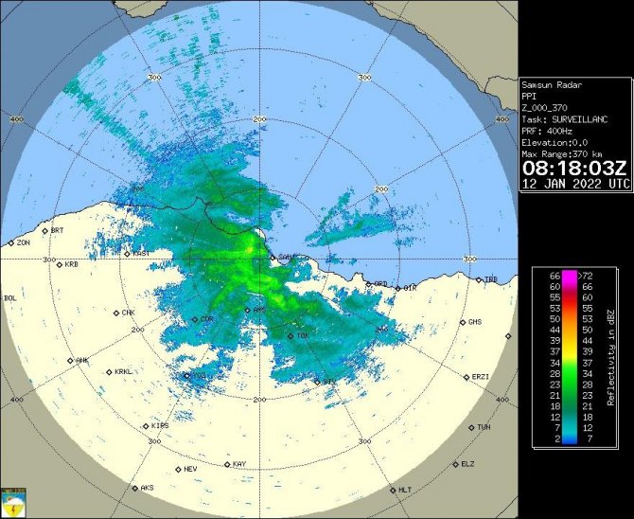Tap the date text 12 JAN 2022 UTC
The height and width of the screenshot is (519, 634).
573,184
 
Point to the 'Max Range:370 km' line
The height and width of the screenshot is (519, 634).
565,153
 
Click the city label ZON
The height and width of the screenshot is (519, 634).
23,243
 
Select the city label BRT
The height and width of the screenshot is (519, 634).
57,230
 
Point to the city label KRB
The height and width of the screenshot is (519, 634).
71,264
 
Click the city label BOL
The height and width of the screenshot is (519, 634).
10,298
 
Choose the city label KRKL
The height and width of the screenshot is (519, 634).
123,372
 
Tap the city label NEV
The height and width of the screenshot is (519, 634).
190,469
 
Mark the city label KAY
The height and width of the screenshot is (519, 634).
239,464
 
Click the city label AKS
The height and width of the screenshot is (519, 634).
147,489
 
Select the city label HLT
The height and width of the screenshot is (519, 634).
405,490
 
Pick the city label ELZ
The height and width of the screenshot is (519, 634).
467,464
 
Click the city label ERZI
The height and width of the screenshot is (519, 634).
480,377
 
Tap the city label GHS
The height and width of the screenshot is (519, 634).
475,322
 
